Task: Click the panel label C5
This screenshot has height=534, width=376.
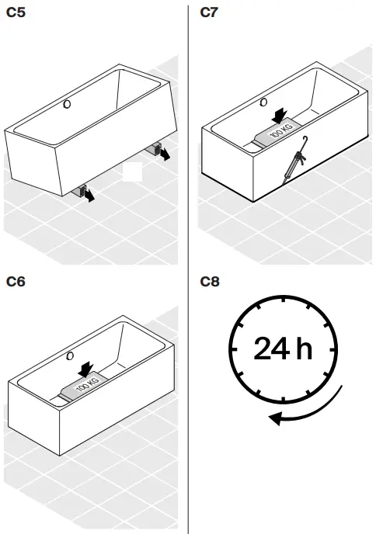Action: pyautogui.click(x=16, y=13)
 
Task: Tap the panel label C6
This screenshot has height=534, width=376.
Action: pyautogui.click(x=16, y=282)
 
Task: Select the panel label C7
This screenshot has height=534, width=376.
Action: pyautogui.click(x=209, y=13)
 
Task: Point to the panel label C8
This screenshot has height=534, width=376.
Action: pyautogui.click(x=209, y=282)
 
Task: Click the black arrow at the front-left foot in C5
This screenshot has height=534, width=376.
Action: pyautogui.click(x=91, y=197)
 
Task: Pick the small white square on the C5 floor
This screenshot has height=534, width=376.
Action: pyautogui.click(x=133, y=171)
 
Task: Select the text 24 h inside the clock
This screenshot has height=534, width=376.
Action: pyautogui.click(x=282, y=348)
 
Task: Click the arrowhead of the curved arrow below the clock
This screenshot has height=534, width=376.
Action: pyautogui.click(x=274, y=420)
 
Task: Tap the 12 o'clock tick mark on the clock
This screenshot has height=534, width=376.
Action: pyautogui.click(x=283, y=298)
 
